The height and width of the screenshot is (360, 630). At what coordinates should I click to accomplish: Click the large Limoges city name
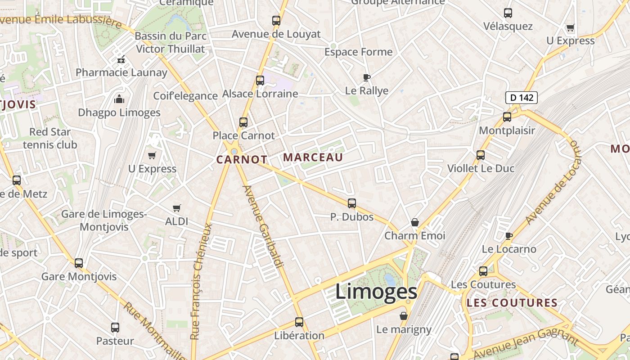[376, 292]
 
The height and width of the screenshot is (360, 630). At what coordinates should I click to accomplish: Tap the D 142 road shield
[522, 97]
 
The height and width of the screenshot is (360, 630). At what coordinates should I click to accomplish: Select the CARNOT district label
[242, 160]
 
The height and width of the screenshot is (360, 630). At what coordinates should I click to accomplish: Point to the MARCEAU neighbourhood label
[313, 157]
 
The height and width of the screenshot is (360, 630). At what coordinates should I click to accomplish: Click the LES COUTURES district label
[512, 303]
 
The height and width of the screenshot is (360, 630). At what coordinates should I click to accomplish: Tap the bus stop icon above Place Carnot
[243, 122]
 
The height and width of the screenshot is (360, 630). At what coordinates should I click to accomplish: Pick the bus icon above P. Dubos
[352, 203]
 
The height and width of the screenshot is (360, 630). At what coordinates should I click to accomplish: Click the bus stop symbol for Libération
[299, 322]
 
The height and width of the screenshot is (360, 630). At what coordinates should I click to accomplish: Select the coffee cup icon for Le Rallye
[367, 77]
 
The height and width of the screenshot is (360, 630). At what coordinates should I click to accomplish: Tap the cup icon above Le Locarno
[509, 236]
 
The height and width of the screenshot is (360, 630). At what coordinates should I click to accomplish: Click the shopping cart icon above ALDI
[177, 208]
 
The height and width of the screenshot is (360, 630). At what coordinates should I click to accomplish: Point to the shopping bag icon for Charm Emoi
[415, 223]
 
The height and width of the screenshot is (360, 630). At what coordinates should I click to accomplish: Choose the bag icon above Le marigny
[404, 316]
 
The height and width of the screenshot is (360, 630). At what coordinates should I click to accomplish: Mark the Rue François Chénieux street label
[201, 281]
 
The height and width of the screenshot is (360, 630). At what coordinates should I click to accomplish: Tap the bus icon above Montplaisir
[507, 117]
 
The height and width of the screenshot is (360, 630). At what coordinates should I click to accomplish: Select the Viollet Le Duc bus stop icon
[481, 155]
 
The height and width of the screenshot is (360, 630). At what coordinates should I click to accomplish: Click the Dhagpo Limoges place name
[119, 112]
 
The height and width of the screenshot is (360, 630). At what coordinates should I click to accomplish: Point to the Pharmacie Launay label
[121, 72]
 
